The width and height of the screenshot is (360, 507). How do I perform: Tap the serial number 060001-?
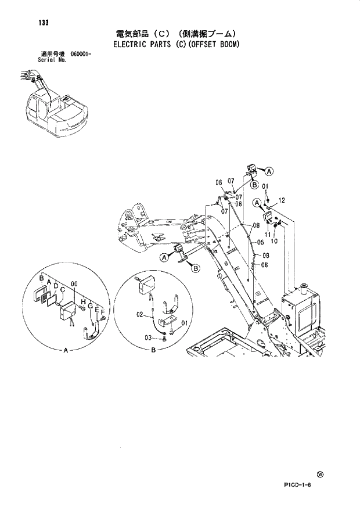point(82,54)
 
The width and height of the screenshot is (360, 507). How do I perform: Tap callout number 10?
point(275,241)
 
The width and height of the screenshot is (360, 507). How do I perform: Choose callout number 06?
point(219,182)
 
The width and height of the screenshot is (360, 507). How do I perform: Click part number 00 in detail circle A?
point(73,283)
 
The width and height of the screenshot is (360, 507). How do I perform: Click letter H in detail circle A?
point(83,302)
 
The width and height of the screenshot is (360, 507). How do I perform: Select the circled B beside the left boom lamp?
point(196,268)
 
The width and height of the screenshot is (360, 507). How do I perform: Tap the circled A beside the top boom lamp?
point(269,171)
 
